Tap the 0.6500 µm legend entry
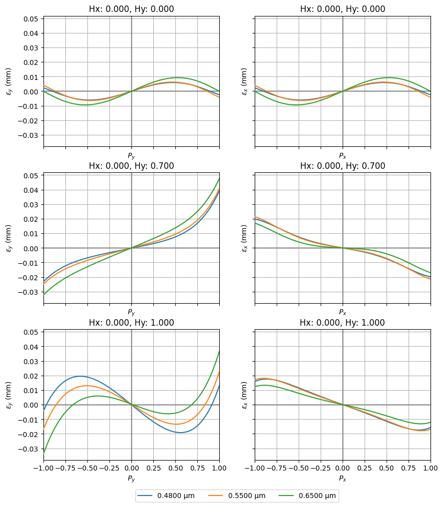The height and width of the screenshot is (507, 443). pyautogui.click(x=308, y=496)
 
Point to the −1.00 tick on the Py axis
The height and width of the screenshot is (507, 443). pyautogui.click(x=43, y=468)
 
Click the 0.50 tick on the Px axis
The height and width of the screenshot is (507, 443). pyautogui.click(x=387, y=468)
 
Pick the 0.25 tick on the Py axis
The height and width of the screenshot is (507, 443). pyautogui.click(x=154, y=468)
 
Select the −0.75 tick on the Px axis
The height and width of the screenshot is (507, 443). pyautogui.click(x=277, y=468)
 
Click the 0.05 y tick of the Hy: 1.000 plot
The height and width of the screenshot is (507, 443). pyautogui.click(x=31, y=332)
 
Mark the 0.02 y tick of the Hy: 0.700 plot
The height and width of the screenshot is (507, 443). pyautogui.click(x=31, y=219)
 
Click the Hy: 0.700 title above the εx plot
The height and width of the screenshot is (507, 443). pyautogui.click(x=343, y=166)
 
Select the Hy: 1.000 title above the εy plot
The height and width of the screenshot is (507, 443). pyautogui.click(x=132, y=323)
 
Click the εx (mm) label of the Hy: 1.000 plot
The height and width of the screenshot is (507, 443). pyautogui.click(x=244, y=395)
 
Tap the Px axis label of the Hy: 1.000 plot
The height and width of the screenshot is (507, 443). pyautogui.click(x=343, y=479)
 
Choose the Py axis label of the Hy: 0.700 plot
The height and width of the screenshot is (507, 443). pyautogui.click(x=131, y=312)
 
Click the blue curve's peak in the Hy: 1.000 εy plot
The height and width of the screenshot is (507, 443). pyautogui.click(x=80, y=376)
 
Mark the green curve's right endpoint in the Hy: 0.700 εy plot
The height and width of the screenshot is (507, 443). pyautogui.click(x=219, y=178)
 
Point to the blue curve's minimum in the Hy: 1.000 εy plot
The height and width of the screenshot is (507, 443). pyautogui.click(x=180, y=432)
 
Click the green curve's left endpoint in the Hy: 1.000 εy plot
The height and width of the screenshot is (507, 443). pyautogui.click(x=43, y=454)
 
